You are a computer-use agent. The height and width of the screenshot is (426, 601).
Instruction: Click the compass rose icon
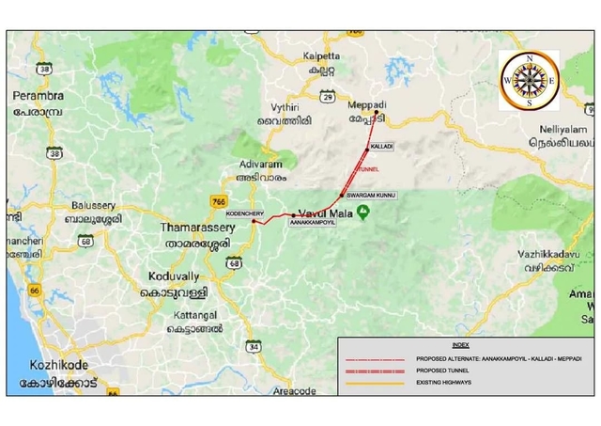529,80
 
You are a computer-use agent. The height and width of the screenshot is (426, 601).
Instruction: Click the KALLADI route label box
382,148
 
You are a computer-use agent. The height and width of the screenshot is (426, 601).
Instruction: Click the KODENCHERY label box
241,213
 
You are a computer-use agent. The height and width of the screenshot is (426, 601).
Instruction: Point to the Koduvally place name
174,276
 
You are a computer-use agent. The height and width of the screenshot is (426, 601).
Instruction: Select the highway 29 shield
327,96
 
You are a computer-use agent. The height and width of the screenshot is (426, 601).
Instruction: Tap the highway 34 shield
254,347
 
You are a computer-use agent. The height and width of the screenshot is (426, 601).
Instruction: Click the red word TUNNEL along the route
367,170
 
